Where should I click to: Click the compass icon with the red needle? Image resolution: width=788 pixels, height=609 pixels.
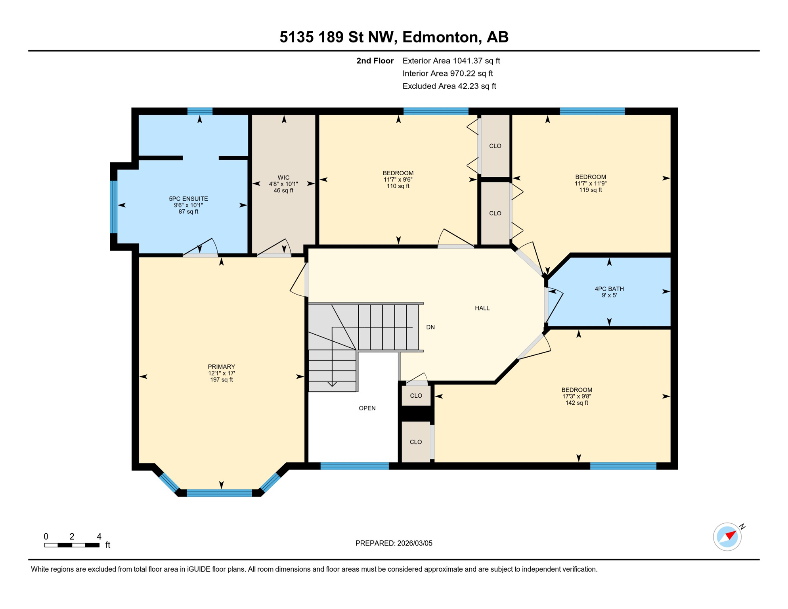[x=727, y=537]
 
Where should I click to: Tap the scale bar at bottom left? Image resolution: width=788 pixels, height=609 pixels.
[x=72, y=545]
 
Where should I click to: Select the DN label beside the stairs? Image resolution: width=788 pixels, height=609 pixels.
[x=430, y=327]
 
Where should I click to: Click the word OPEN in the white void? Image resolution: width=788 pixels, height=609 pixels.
[x=367, y=408]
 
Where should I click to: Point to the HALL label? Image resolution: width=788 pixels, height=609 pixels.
[x=482, y=308]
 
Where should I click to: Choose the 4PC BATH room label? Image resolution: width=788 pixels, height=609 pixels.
[x=609, y=289]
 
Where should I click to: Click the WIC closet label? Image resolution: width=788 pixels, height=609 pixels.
[x=283, y=178]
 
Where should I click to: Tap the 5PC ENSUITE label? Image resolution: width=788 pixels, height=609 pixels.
[x=188, y=199]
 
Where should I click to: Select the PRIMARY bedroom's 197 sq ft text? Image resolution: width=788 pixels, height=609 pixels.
[x=221, y=380]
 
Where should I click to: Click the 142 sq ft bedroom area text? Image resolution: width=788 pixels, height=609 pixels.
[x=576, y=403]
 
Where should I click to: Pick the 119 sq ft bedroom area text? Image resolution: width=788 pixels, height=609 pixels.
[x=590, y=190]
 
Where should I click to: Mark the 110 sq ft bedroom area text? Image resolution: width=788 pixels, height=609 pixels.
[x=398, y=186]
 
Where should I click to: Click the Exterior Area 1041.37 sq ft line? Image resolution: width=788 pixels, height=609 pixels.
[x=451, y=61]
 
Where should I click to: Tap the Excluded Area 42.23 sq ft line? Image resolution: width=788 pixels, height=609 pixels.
[x=449, y=86]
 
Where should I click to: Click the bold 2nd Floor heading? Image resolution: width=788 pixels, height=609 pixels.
[x=375, y=61]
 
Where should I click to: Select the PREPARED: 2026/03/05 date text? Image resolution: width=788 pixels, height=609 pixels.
[x=394, y=543]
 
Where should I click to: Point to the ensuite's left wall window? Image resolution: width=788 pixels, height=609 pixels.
[x=114, y=207]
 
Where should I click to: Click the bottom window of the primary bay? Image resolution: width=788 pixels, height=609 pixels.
[x=219, y=493]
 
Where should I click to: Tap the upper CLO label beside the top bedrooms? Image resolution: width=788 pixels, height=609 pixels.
[x=495, y=146]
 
